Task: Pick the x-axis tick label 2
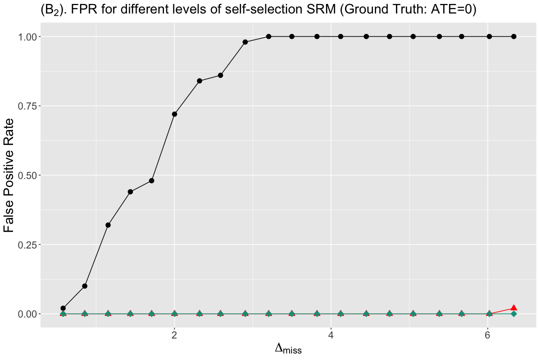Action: (174, 335)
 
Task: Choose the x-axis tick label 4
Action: (331, 335)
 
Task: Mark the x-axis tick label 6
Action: (487, 335)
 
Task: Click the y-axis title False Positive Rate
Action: (8, 175)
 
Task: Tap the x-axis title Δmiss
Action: (288, 348)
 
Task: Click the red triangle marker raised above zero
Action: (513, 307)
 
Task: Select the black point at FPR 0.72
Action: (174, 114)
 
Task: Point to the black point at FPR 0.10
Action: (84, 286)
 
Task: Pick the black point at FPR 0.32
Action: (108, 225)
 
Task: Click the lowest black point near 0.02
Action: (63, 308)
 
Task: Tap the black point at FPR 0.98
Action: (245, 42)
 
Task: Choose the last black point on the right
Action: (513, 36)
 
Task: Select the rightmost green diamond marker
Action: (513, 314)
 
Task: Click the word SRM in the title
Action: (323, 9)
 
